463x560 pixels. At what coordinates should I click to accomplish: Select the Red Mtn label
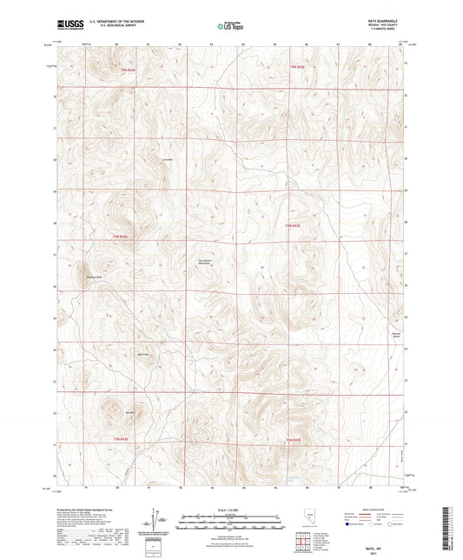(x=129, y=412)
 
